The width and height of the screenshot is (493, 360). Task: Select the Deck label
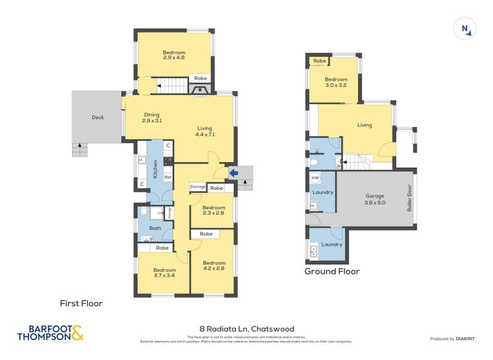[x=97, y=118]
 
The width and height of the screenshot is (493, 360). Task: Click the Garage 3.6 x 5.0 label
[x=375, y=199]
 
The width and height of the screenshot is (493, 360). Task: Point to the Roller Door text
[x=409, y=199]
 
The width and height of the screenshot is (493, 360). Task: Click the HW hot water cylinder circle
[x=316, y=178]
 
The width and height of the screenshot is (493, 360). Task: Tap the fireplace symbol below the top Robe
[x=200, y=90]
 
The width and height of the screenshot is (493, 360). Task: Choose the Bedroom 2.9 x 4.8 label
[x=174, y=55]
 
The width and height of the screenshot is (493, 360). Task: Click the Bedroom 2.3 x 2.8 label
[x=213, y=210]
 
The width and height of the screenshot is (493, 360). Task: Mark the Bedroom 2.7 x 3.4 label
[x=165, y=273]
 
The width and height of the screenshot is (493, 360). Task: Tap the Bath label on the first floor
[x=155, y=228]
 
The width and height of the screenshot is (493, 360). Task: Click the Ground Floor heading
[x=332, y=271]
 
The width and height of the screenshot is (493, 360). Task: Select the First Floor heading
[x=81, y=303]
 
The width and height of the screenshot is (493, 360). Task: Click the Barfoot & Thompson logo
[x=50, y=333]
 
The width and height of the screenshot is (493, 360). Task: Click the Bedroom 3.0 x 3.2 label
[x=336, y=83]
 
